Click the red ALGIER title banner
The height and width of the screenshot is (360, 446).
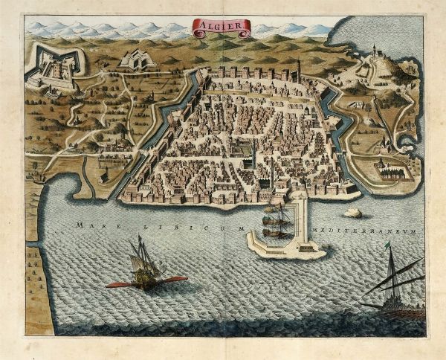pos(222,28)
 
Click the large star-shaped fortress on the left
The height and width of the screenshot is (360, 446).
pos(51,66)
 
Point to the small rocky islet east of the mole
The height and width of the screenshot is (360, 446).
pos(353,213)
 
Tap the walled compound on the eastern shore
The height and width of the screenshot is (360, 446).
pos(390,170)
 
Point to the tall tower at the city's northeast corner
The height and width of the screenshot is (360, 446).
pos(298,70)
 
